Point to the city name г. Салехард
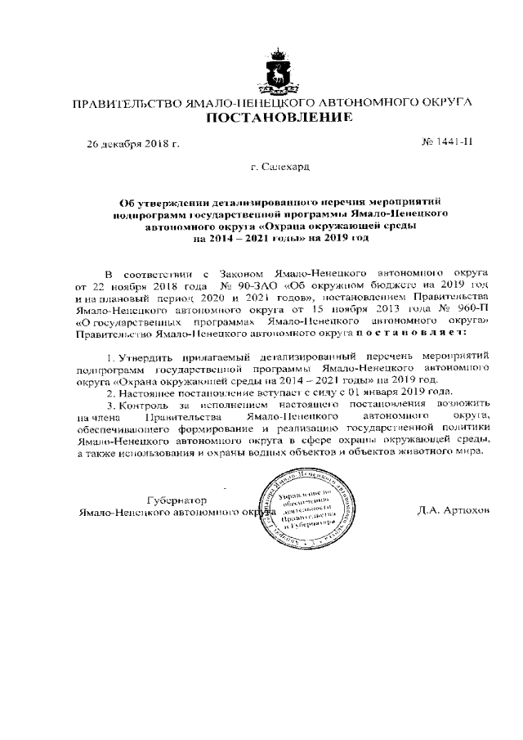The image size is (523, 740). (x=280, y=168)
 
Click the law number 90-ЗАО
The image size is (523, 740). (x=236, y=287)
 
